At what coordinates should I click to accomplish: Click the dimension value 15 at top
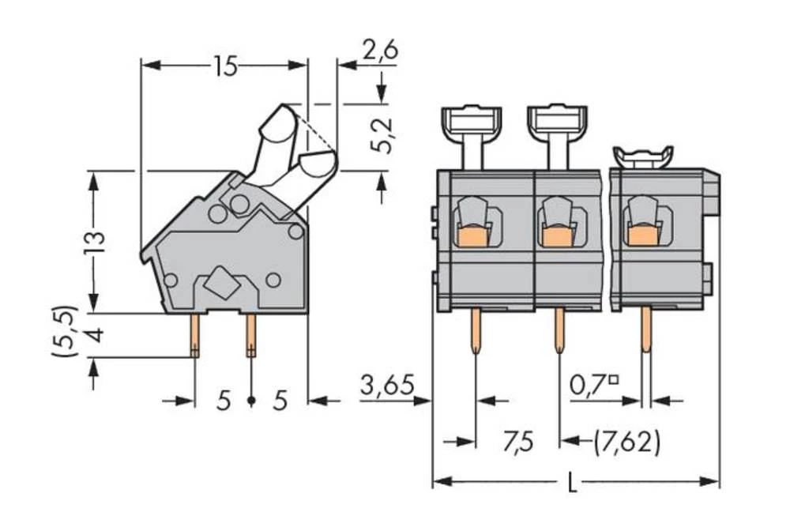[x=224, y=67]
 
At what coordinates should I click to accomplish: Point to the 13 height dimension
[x=94, y=241]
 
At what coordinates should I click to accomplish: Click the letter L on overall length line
[x=573, y=482]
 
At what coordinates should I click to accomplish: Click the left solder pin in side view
[x=194, y=335]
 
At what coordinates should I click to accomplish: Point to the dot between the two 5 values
[x=251, y=401]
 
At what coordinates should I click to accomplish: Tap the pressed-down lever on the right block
[x=643, y=156]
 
